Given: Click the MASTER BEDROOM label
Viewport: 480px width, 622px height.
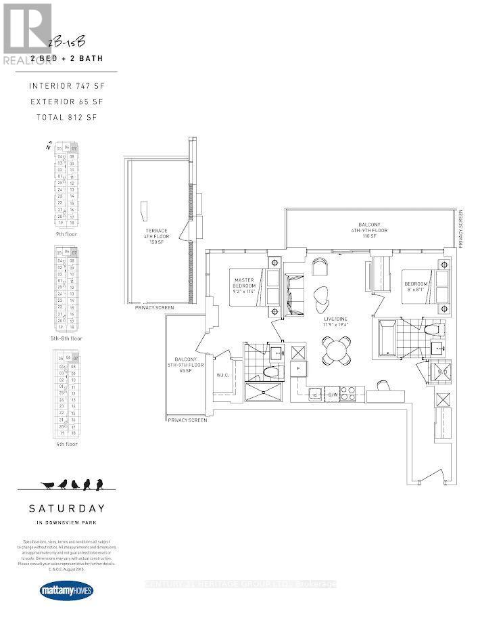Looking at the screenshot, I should point(243,284).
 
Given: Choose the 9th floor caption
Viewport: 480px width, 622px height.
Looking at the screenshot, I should point(67,234).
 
